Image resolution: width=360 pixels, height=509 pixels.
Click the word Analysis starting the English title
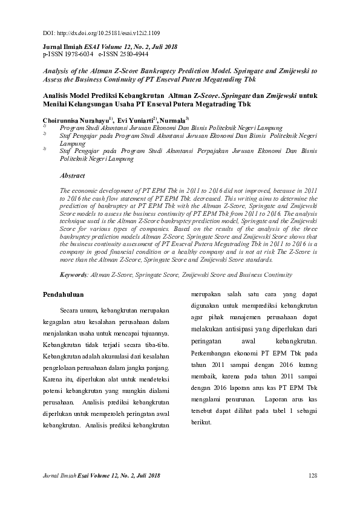pyautogui.click(x=56, y=71)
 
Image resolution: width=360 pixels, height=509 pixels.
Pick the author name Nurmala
pyautogui.click(x=173, y=120)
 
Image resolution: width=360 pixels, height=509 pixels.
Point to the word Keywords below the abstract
pyautogui.click(x=73, y=274)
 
